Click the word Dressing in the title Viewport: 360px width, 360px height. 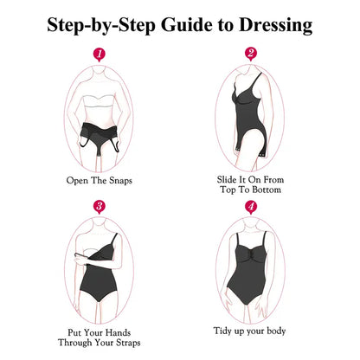pos(275,26)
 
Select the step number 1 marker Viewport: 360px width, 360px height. pos(100,55)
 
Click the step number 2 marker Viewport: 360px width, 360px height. pos(251,54)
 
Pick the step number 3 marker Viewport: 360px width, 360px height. pos(100,207)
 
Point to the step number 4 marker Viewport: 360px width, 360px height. pos(251,207)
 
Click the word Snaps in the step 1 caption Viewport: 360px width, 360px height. pos(120,181)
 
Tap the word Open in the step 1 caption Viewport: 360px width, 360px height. pos(77,181)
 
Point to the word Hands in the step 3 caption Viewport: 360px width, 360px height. pos(118,332)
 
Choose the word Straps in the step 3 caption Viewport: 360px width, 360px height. pos(128,343)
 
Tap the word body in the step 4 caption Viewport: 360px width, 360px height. pos(276,331)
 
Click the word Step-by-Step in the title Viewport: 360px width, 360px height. pos(101,25)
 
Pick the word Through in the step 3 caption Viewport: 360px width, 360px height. pos(75,343)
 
